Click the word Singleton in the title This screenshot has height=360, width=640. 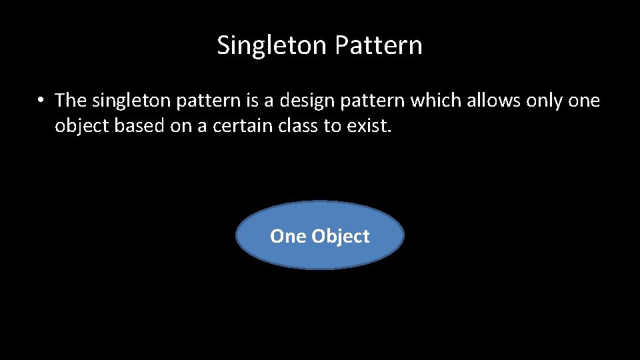272,46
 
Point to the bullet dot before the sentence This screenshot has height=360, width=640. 41,101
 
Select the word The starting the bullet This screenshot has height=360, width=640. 71,101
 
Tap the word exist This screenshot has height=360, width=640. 369,126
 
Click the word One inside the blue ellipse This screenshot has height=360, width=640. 288,236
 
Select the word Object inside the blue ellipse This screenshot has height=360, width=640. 340,237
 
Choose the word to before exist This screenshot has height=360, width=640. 332,126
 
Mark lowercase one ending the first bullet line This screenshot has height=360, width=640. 584,101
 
